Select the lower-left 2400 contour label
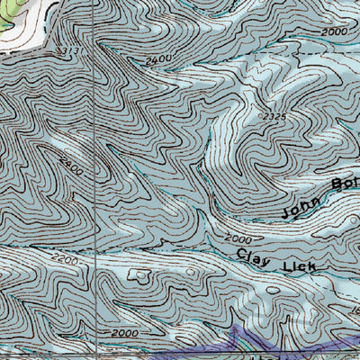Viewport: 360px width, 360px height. pyautogui.click(x=72, y=166)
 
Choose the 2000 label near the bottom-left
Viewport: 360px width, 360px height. pyautogui.click(x=126, y=334)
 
